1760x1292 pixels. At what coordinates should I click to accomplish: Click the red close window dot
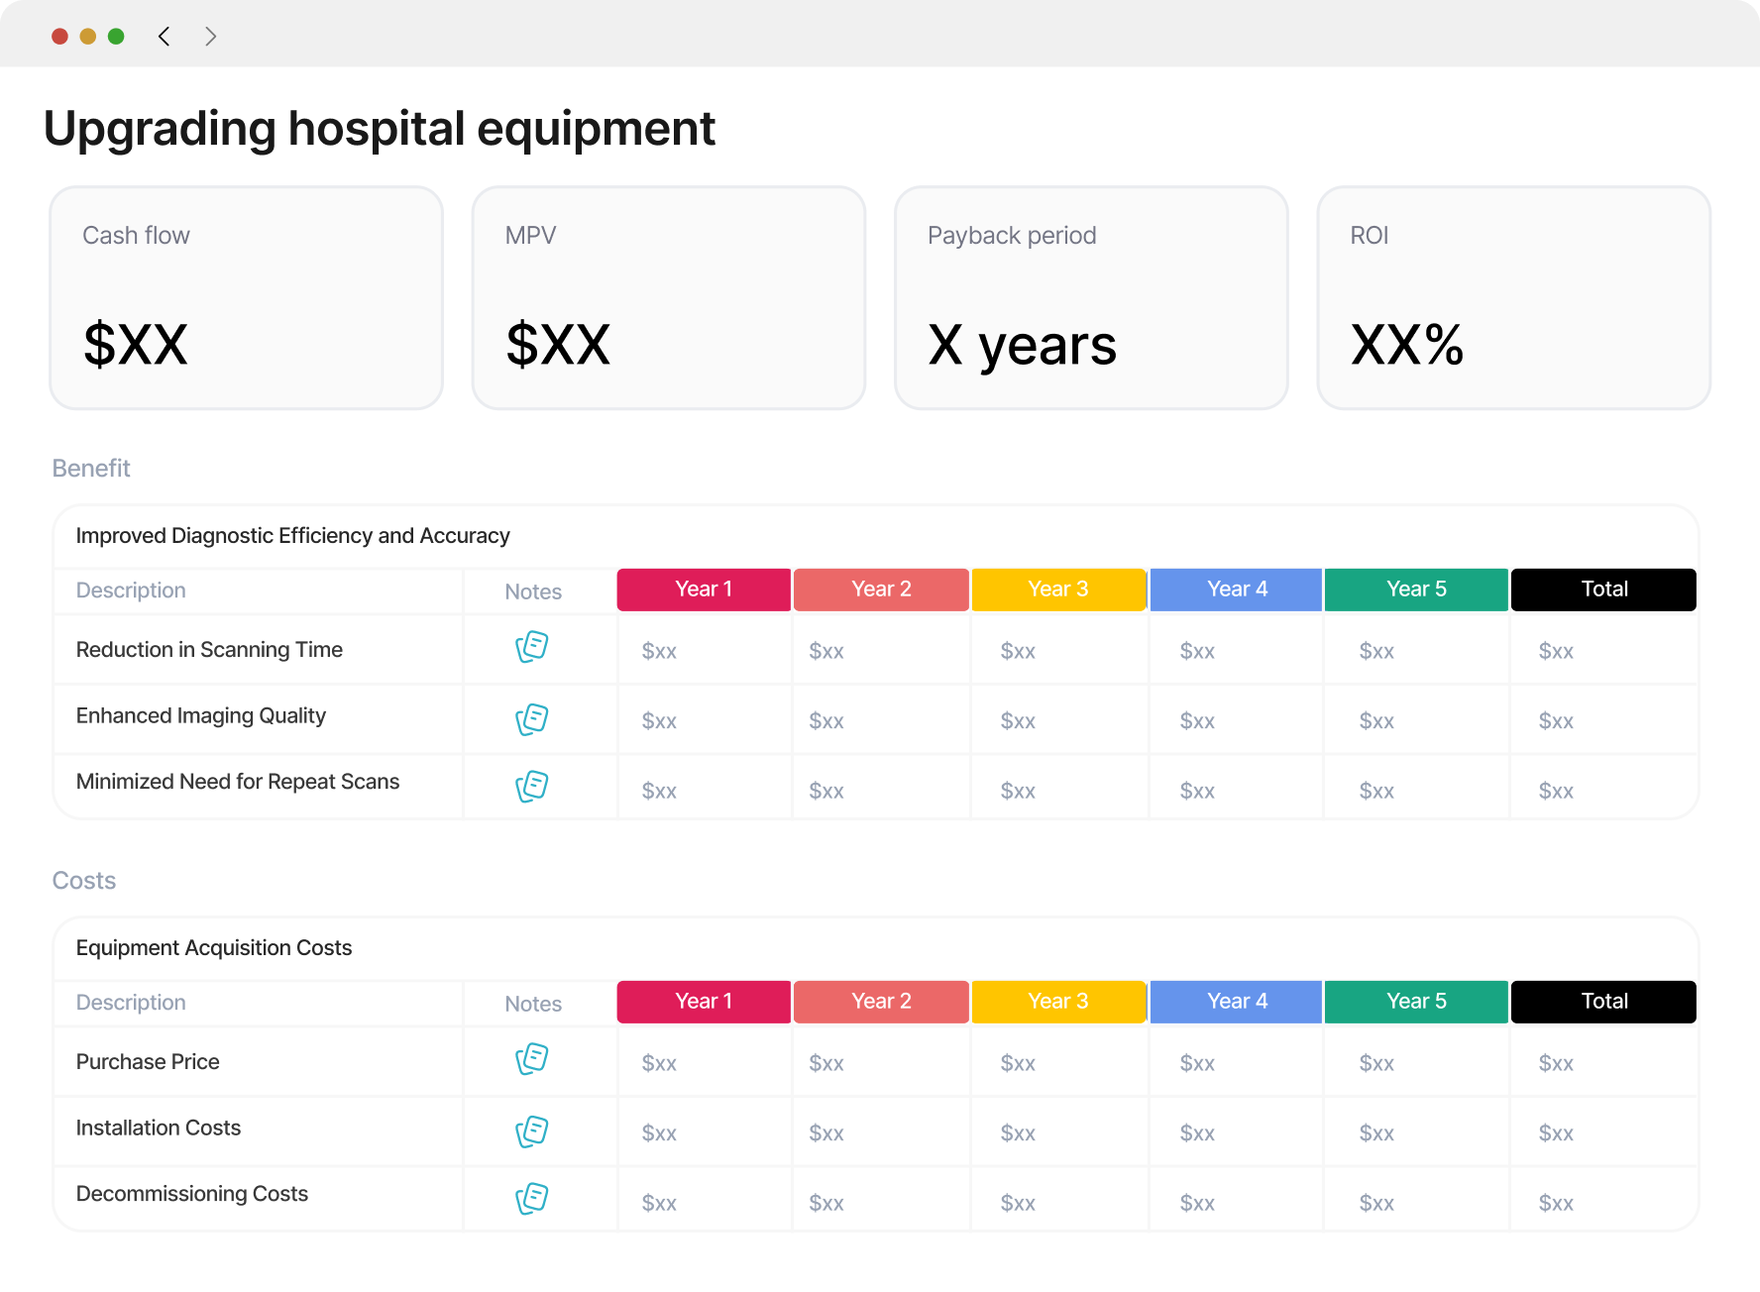tap(59, 37)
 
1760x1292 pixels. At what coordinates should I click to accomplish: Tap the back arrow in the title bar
tap(165, 37)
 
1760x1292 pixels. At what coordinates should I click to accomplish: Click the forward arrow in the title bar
tap(210, 37)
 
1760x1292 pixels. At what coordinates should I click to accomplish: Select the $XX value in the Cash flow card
tap(136, 345)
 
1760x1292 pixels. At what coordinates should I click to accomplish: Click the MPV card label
tap(530, 236)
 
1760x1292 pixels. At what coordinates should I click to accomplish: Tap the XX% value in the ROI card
tap(1407, 345)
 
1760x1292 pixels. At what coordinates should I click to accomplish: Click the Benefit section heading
tap(91, 468)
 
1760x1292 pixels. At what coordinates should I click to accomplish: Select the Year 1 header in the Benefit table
tap(704, 590)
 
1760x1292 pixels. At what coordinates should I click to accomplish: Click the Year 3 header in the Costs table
tap(1058, 1002)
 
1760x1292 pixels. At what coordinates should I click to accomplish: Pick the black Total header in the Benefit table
tap(1604, 590)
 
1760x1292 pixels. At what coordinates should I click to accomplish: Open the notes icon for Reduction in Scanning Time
tap(532, 647)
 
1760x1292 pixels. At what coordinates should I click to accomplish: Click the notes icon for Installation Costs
tap(532, 1131)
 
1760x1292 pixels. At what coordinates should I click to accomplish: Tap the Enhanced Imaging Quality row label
tap(201, 716)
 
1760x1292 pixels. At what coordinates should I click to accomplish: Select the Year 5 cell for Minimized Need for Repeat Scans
tap(1376, 791)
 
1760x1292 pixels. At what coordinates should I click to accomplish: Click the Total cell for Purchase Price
tap(1556, 1063)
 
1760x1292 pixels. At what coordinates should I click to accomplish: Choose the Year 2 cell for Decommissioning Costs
tap(826, 1203)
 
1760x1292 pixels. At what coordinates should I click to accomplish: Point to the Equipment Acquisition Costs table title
tap(214, 948)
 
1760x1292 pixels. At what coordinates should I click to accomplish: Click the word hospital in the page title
tap(377, 129)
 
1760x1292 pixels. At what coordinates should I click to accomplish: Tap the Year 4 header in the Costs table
tap(1237, 1002)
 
